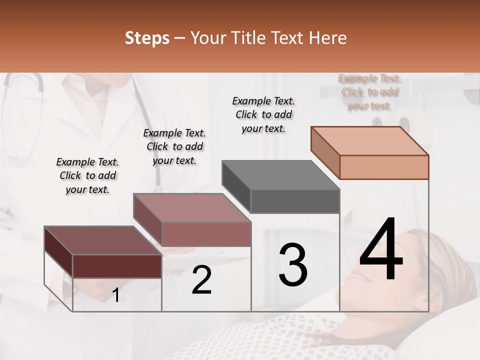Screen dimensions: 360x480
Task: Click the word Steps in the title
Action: (147, 38)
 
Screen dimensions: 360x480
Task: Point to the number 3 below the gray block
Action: (293, 265)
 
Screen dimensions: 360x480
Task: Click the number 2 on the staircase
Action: (201, 280)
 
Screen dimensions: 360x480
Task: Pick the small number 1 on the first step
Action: (115, 295)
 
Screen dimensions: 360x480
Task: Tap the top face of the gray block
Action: (281, 175)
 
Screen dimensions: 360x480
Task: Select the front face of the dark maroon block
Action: (117, 266)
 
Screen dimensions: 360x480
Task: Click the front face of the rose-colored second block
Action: (206, 234)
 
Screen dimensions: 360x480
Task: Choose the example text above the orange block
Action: (369, 92)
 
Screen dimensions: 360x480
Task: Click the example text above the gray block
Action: (263, 114)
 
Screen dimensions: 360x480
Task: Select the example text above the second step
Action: (174, 146)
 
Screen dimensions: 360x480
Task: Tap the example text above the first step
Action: (87, 175)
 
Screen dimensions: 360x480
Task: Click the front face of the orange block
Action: (384, 167)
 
